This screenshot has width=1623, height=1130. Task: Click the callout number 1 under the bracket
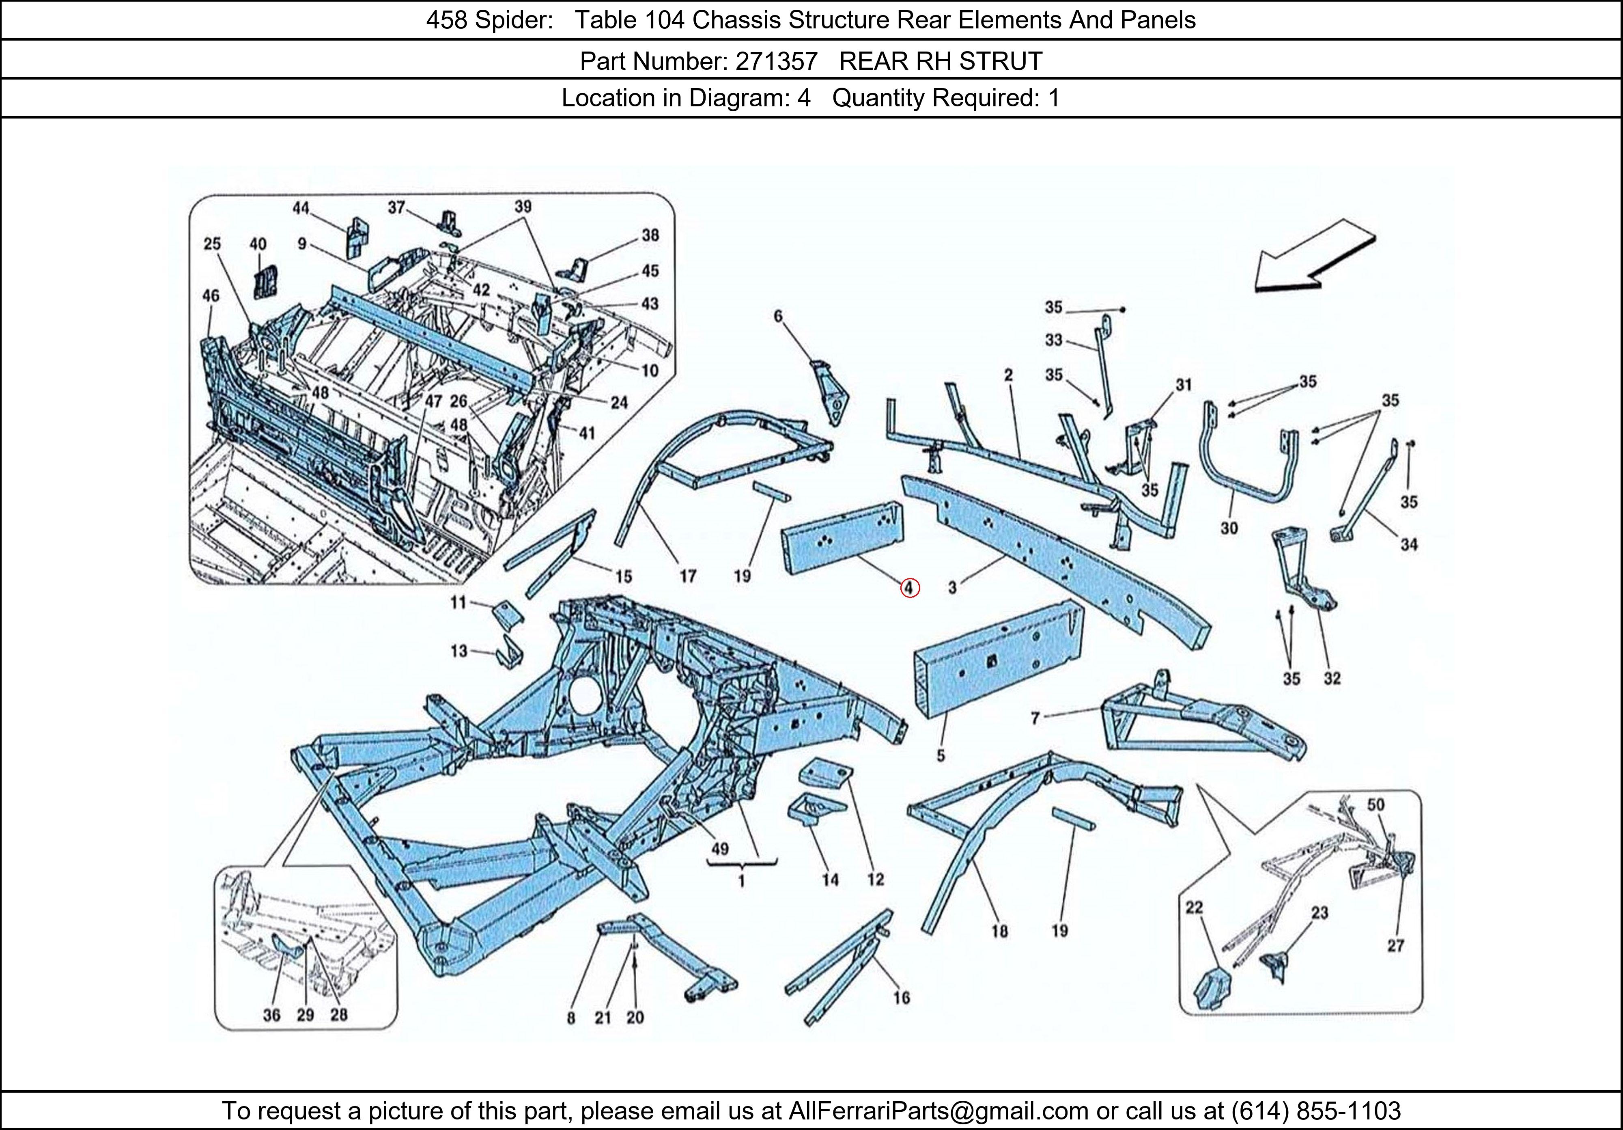tap(741, 882)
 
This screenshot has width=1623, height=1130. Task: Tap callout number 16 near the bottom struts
tap(901, 997)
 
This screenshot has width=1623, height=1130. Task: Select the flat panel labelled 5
tap(997, 661)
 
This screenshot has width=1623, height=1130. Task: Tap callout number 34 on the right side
tap(1409, 544)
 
